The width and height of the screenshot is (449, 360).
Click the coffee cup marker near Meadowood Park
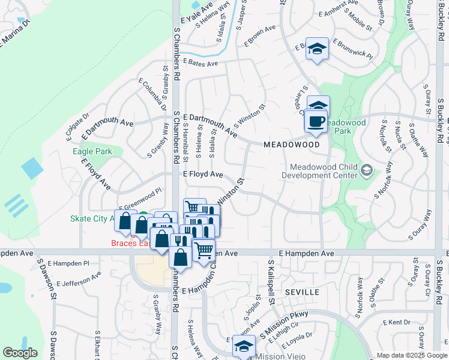(316, 121)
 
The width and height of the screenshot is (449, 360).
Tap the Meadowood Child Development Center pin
(366, 172)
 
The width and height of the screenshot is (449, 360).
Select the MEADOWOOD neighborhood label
(292, 145)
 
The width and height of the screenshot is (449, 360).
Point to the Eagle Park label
(92, 152)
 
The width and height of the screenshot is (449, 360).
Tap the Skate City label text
(90, 218)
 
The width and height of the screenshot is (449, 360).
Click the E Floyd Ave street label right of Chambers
(203, 175)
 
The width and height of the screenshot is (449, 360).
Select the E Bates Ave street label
(200, 62)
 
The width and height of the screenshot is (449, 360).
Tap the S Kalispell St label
(271, 282)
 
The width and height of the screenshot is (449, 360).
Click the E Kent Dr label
(399, 322)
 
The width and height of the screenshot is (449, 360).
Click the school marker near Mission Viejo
(244, 347)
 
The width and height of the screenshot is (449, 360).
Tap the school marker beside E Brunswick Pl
(316, 50)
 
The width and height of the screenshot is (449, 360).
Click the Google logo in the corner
(20, 353)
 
